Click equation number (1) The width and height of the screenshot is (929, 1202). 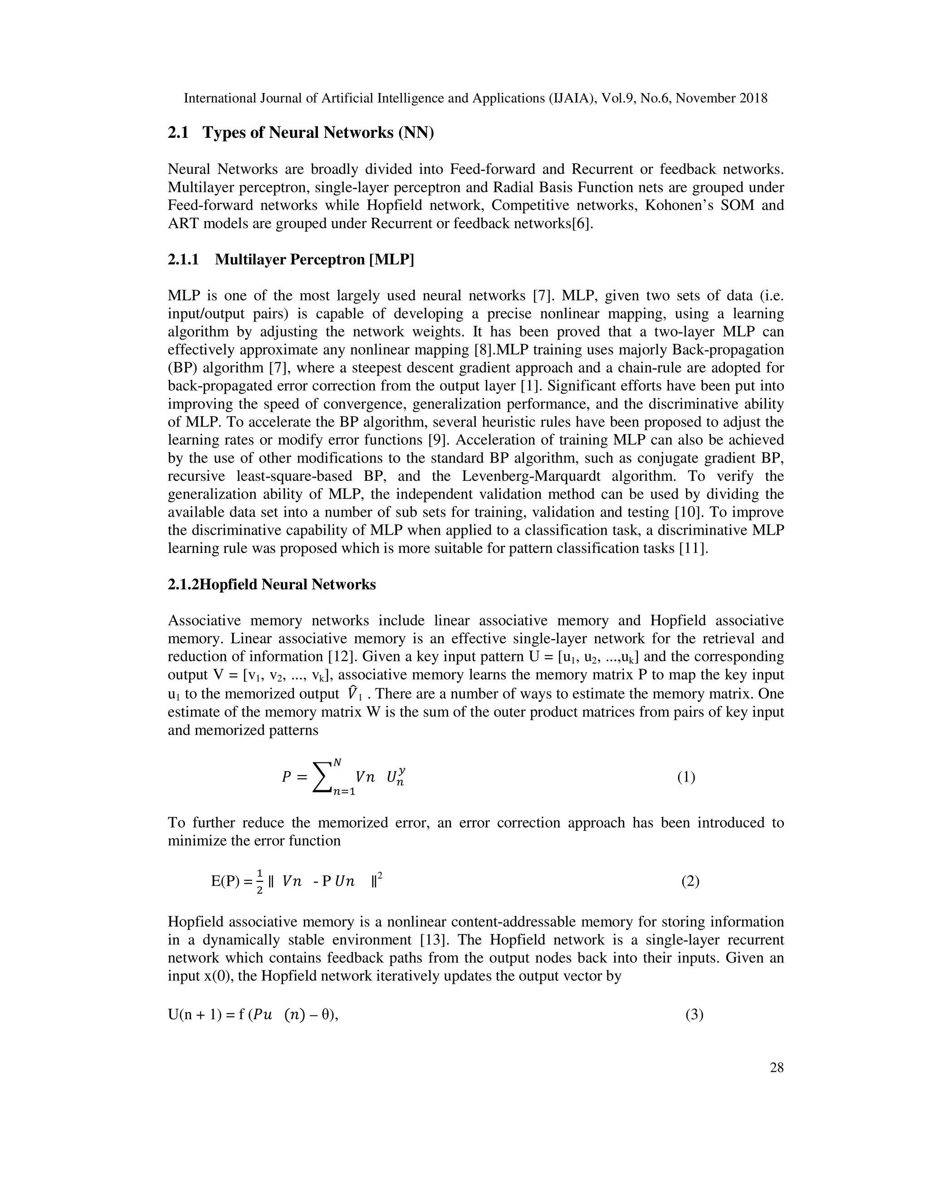point(686,777)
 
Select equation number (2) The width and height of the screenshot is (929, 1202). point(690,881)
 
